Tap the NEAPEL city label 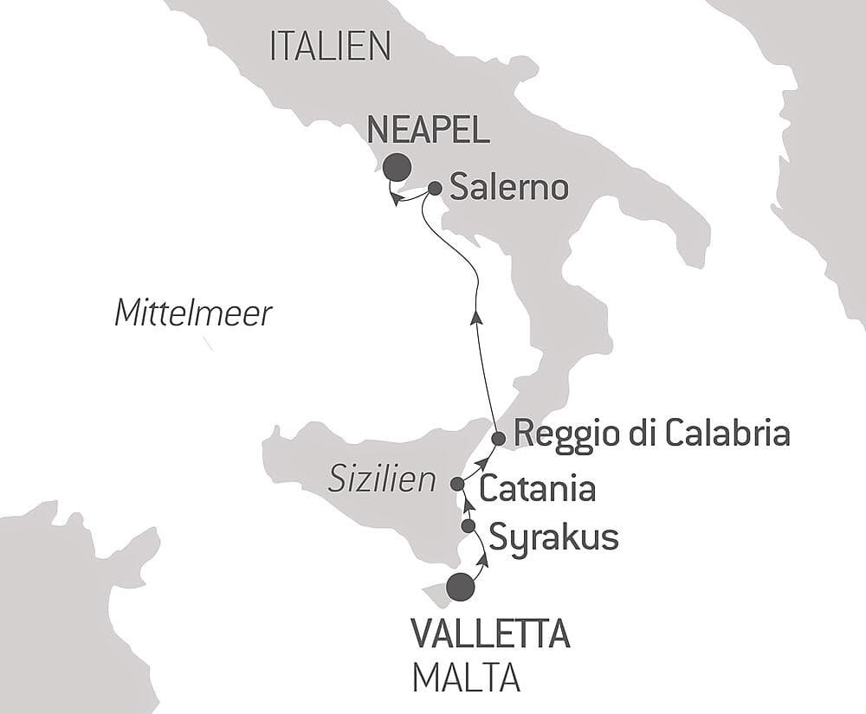427,131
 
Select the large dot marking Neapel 398,165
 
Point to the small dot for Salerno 436,187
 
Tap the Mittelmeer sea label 193,312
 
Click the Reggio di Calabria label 652,434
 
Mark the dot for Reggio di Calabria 498,439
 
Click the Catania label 537,489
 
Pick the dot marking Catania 457,483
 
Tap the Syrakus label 553,537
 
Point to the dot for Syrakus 469,525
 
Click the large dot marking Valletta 461,587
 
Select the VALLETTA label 490,635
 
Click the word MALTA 466,678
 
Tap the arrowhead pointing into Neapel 394,199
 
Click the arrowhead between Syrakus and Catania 463,505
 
